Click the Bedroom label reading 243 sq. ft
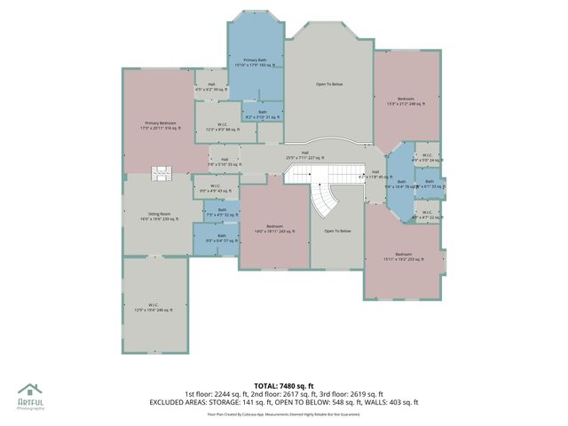tap(274, 229)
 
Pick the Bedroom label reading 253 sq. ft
tap(404, 256)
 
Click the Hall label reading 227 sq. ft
tap(304, 155)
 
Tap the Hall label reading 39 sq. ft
tap(211, 87)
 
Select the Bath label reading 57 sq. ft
tap(222, 238)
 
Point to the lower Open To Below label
tap(337, 231)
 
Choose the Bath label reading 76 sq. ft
tap(400, 183)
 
